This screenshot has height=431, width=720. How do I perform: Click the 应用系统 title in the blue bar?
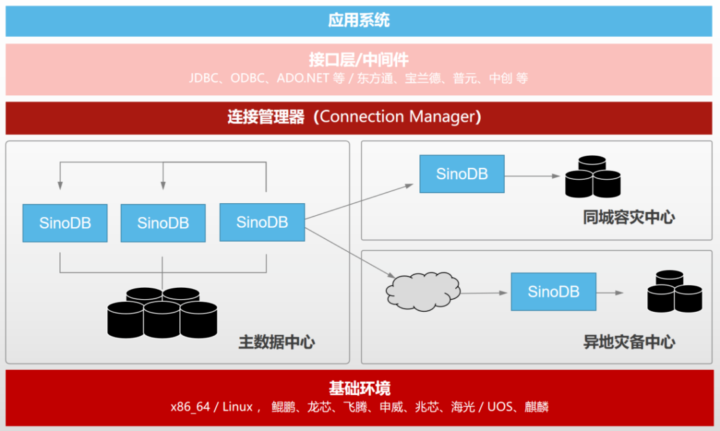pyautogui.click(x=359, y=21)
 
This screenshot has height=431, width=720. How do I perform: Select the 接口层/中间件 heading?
pyautogui.click(x=359, y=59)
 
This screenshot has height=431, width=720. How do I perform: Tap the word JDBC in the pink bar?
pyautogui.click(x=205, y=78)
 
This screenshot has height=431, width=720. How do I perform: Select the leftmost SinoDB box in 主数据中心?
pyautogui.click(x=65, y=223)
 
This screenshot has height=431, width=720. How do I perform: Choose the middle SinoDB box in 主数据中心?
pyautogui.click(x=163, y=223)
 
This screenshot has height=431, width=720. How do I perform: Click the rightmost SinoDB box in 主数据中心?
pyautogui.click(x=262, y=222)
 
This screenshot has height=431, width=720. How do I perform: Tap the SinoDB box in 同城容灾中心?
pyautogui.click(x=461, y=174)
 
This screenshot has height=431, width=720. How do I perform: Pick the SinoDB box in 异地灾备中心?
pyautogui.click(x=553, y=291)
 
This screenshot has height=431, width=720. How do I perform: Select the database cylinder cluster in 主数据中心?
pyautogui.click(x=162, y=312)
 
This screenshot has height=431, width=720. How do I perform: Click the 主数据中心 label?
pyautogui.click(x=277, y=342)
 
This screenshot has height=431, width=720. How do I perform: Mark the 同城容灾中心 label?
pyautogui.click(x=629, y=217)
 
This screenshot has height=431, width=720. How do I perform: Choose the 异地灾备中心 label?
pyautogui.click(x=629, y=342)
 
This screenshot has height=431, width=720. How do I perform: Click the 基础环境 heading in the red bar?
pyautogui.click(x=359, y=388)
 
